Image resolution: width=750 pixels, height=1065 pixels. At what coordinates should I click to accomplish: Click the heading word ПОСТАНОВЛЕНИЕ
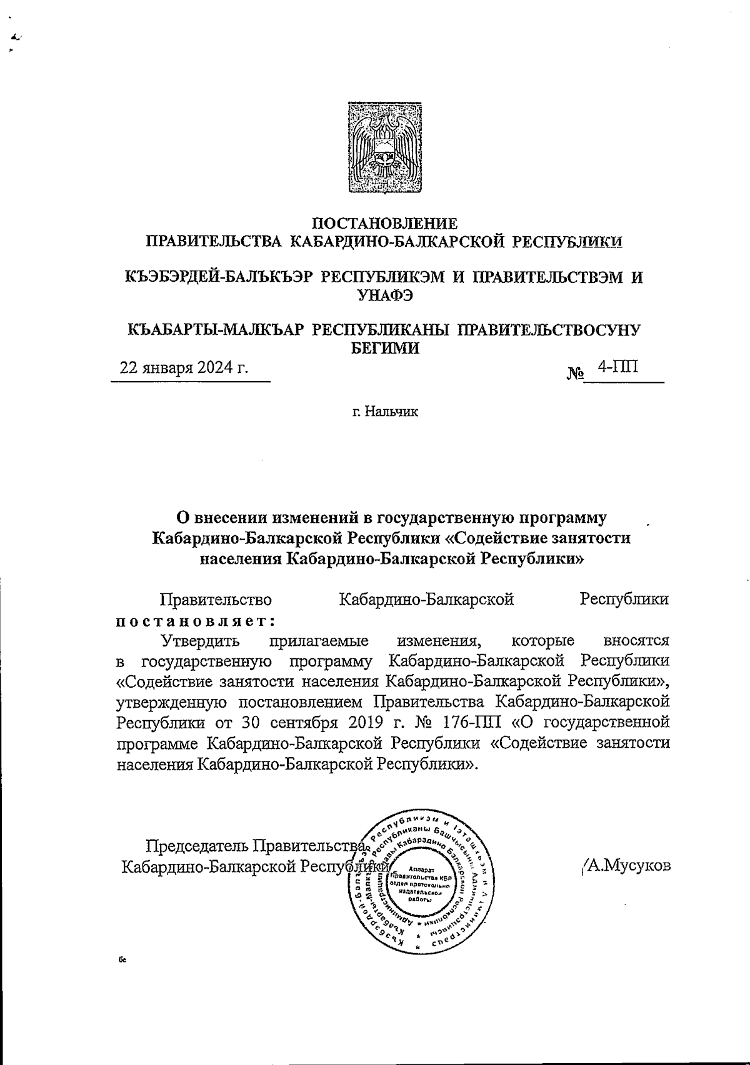[384, 223]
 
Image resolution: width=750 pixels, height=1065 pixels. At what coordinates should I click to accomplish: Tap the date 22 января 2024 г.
[184, 367]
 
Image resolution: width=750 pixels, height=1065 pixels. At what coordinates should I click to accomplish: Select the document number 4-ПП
[617, 366]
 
